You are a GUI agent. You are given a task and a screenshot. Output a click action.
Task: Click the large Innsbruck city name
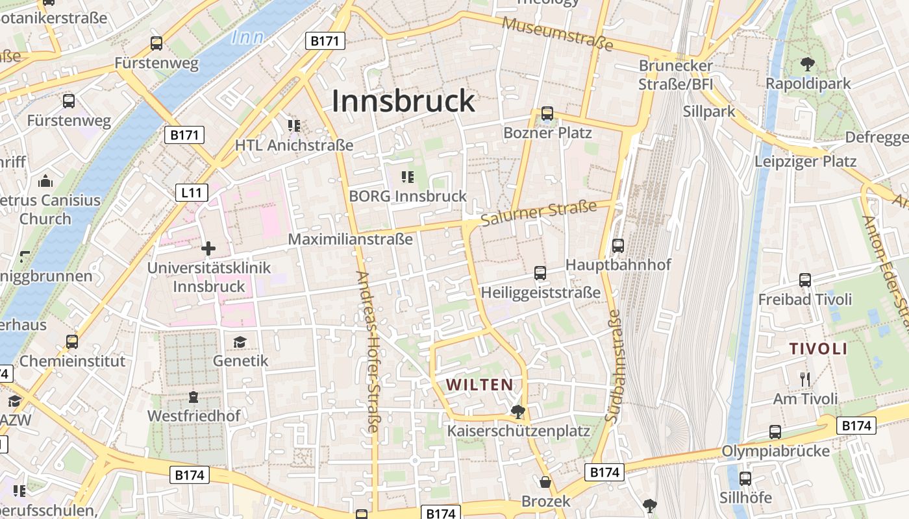[403, 102]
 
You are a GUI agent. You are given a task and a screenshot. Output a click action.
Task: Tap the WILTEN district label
[480, 385]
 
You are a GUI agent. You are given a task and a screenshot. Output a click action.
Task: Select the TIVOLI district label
[818, 349]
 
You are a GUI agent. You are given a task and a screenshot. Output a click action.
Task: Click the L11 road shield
[192, 192]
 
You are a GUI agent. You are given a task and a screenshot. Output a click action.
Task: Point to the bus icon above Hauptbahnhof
[617, 246]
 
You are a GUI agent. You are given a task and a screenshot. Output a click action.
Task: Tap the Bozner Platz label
[547, 133]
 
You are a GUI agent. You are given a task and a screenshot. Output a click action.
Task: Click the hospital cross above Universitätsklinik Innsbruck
[208, 248]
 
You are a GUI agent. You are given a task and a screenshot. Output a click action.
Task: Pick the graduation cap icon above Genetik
[240, 342]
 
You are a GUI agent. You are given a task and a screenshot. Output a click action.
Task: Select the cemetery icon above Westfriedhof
[193, 396]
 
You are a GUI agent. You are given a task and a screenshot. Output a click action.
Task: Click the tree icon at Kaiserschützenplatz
[517, 411]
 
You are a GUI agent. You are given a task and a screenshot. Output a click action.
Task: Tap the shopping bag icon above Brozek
[545, 482]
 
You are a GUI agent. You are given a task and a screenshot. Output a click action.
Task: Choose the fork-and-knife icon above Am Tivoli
[805, 379]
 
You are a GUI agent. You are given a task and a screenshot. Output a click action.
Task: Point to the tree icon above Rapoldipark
[808, 64]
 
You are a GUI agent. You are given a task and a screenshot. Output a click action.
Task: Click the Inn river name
[247, 38]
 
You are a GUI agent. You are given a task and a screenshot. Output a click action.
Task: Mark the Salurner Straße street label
[540, 213]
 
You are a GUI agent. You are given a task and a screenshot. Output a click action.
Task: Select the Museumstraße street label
[558, 33]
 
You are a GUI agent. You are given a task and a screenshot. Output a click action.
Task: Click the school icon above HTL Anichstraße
[293, 125]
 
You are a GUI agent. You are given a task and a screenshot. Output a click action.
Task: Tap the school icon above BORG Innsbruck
[408, 176]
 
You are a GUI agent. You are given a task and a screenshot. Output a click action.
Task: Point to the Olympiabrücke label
[776, 451]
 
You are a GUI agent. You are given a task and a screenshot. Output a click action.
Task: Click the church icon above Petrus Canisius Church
[45, 181]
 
